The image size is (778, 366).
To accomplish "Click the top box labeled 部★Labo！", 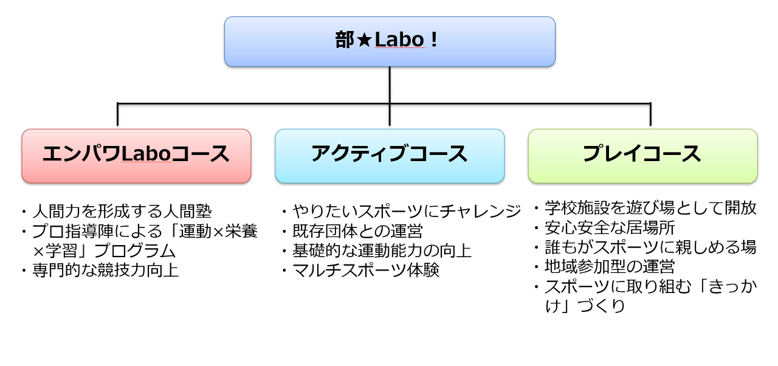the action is pos(390,41).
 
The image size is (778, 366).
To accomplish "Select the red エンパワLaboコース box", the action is pos(136,156).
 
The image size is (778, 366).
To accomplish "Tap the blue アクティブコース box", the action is pos(390,156).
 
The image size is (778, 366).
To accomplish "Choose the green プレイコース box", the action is pos(643,156).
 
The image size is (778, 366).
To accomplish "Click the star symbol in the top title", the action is pos(364,40).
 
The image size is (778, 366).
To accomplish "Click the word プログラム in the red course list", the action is pos(135,250).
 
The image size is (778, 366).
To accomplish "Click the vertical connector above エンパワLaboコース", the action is pos(117,114).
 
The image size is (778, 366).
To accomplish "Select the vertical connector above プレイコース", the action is pos(650,114).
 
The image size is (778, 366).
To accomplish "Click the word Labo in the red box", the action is pos(145,154).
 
